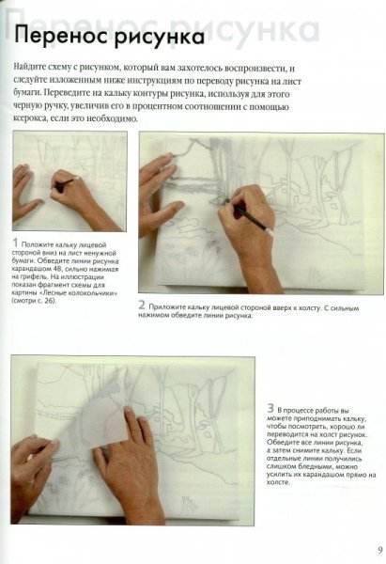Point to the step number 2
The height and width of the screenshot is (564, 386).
coord(142,305)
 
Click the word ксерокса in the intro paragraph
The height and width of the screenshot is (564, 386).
coord(36,121)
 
